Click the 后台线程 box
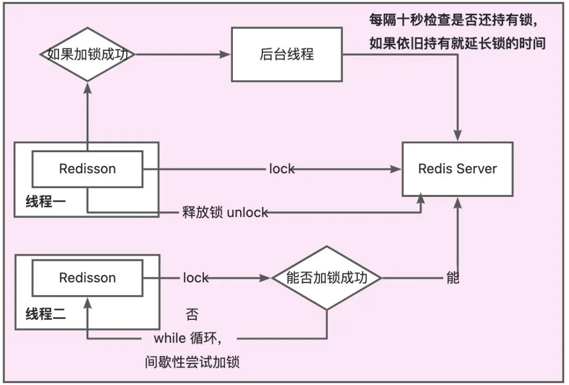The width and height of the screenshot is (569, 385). click(287, 54)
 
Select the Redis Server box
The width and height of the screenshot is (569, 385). click(457, 169)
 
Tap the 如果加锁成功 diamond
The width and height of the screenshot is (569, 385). click(87, 54)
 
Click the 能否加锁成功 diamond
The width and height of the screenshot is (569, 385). click(327, 278)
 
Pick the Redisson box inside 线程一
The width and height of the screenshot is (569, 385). click(87, 169)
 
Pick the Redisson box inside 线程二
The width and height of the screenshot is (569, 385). click(87, 278)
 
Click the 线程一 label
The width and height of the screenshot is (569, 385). click(46, 201)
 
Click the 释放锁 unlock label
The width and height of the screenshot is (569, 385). click(223, 212)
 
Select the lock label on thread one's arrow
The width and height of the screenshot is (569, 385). click(282, 169)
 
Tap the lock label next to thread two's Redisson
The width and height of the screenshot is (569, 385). click(195, 278)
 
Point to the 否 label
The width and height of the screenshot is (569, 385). click(192, 315)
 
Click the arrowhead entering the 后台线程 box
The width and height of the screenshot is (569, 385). click(227, 54)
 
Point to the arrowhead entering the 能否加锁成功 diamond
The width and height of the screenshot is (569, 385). click(266, 278)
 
